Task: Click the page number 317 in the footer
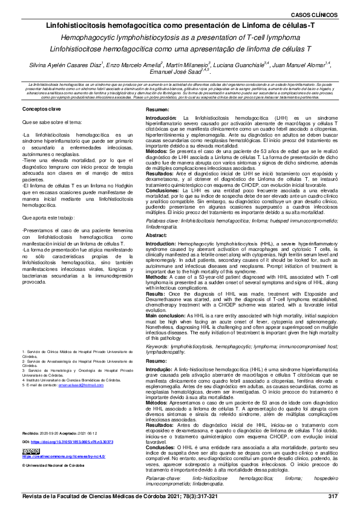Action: click(x=332, y=496)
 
